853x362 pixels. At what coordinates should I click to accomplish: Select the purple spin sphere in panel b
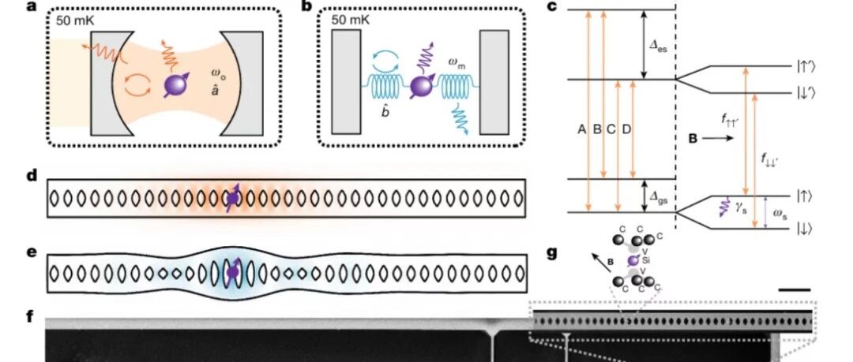point(422,85)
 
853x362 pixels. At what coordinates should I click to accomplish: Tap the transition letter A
point(581,129)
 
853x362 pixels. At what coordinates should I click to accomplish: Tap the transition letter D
point(626,129)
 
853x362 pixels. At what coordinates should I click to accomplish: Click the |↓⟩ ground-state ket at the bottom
point(802,229)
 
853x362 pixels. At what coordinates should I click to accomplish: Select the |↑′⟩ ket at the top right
point(803,67)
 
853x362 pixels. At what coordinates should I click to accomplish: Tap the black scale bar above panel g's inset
point(795,290)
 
